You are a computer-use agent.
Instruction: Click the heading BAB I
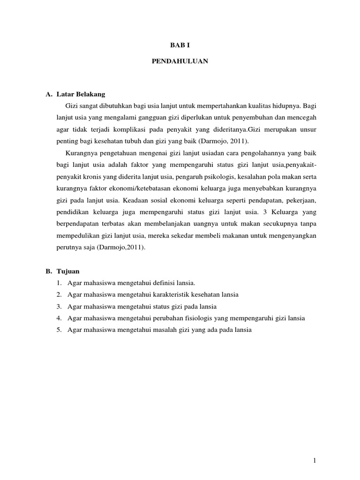pyautogui.click(x=180, y=45)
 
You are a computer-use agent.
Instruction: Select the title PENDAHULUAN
pyautogui.click(x=180, y=61)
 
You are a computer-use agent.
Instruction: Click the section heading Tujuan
pyautogui.click(x=68, y=271)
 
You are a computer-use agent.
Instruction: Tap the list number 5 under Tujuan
pyautogui.click(x=60, y=330)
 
